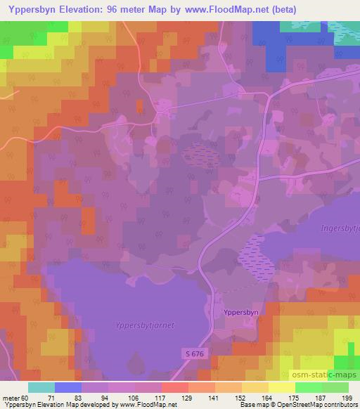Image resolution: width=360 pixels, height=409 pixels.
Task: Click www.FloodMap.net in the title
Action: coord(226,9)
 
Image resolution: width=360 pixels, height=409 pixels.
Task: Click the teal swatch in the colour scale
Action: coord(41,387)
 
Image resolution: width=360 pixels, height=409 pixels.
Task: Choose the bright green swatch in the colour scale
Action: coord(308,387)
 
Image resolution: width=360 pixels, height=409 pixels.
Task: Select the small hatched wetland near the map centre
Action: coord(202,155)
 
